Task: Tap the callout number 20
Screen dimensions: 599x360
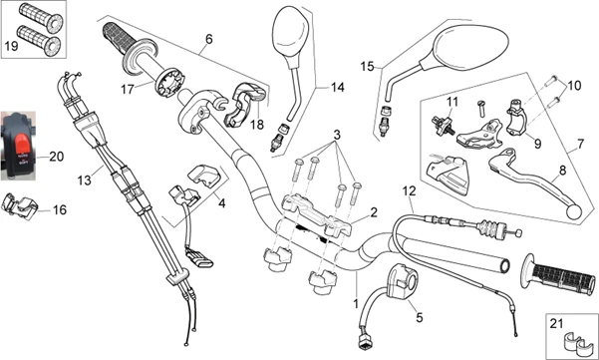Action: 56,157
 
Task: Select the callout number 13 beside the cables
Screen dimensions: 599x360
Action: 84,180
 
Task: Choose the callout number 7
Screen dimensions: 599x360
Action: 580,144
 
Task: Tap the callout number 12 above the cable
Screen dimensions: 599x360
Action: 409,190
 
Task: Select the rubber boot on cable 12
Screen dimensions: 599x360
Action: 489,229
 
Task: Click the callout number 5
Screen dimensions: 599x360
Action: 420,317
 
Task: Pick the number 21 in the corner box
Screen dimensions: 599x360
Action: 556,324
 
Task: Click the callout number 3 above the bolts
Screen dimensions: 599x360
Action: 337,135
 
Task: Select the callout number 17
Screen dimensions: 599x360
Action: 127,89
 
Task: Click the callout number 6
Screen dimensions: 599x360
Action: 208,39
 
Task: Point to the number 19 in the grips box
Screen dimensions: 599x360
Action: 11,46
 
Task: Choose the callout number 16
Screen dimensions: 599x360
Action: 60,209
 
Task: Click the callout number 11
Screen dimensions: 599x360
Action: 452,102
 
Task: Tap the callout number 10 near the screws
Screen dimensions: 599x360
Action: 573,85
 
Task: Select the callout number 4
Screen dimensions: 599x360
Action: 221,202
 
